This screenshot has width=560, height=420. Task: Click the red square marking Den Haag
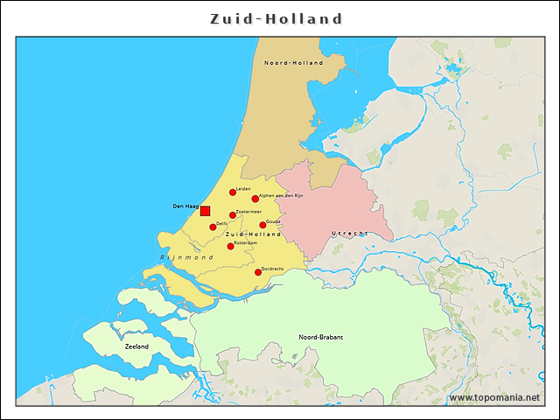coord(205,211)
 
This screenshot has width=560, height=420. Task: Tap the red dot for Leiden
coord(233,192)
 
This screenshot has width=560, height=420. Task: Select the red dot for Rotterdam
coord(230,246)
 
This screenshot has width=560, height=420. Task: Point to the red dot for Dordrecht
coord(258,272)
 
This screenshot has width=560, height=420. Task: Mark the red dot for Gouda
coord(262,225)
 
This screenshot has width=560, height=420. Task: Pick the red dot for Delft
coord(213,227)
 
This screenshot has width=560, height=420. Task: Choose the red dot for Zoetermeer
coord(232,215)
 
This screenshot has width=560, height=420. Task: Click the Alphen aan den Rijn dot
coord(255,199)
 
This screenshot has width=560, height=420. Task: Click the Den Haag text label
coord(185,206)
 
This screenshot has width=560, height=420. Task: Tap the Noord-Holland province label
coord(293,63)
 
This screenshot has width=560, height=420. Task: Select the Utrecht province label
coord(350,234)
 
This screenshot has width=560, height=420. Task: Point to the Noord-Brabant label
coord(320,337)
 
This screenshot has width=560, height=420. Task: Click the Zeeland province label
coord(137,346)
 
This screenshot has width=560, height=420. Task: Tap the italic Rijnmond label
coord(186,258)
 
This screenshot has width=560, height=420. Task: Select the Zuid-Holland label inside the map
coord(253,234)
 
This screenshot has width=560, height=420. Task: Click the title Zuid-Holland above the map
coord(276,18)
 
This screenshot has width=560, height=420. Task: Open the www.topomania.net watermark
coord(494,398)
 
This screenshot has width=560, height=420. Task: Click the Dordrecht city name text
coord(274,268)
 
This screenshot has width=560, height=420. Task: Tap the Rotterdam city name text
coord(246,242)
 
